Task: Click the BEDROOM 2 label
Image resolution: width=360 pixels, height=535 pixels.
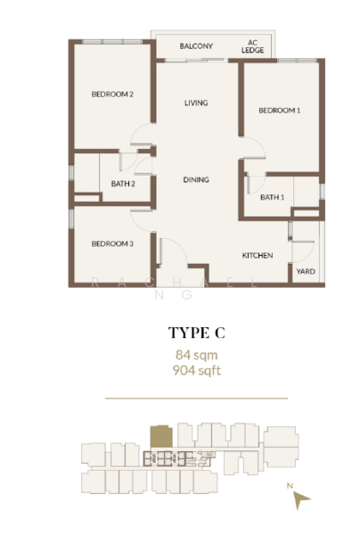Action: [x=112, y=95]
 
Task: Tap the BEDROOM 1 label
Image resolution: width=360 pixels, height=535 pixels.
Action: [x=279, y=111]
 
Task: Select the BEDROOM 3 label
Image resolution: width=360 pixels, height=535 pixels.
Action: [x=112, y=243]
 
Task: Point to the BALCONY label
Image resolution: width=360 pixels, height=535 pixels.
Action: [x=195, y=46]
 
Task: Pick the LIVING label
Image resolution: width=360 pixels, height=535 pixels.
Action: [x=196, y=103]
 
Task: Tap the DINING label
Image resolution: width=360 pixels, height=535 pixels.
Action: [x=196, y=180]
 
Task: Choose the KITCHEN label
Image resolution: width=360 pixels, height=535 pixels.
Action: [x=258, y=256]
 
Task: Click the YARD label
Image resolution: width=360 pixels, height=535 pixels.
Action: [x=305, y=271]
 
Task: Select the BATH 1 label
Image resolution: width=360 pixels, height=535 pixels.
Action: [x=272, y=197]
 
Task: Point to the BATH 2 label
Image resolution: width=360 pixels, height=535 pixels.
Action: [x=123, y=185]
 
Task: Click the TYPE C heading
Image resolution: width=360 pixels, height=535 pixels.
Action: [x=197, y=333]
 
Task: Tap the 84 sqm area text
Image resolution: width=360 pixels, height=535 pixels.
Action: [x=197, y=355]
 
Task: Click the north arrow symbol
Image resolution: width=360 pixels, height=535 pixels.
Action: [x=303, y=502]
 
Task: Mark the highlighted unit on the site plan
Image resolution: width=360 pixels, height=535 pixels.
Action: [x=161, y=437]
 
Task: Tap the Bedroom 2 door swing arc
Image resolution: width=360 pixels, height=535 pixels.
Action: [x=142, y=138]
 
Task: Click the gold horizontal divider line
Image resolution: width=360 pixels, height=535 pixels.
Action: [x=197, y=398]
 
